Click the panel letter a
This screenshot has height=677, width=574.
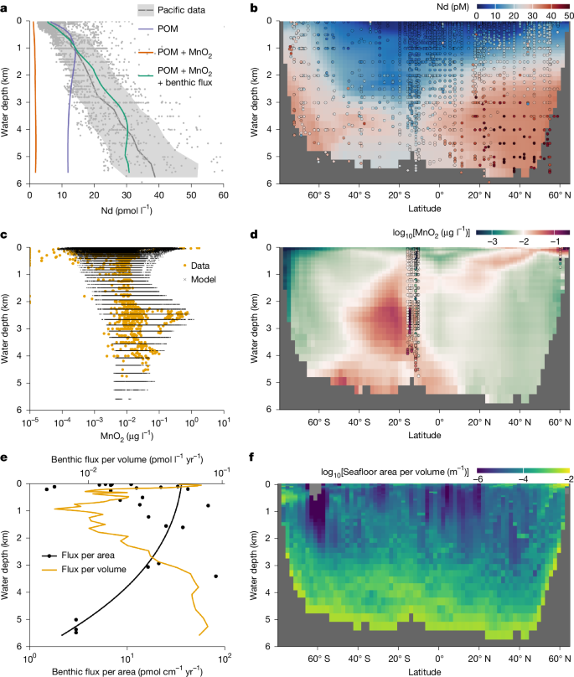pyautogui.click(x=6, y=8)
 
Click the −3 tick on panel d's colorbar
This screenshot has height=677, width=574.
pyautogui.click(x=491, y=240)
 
